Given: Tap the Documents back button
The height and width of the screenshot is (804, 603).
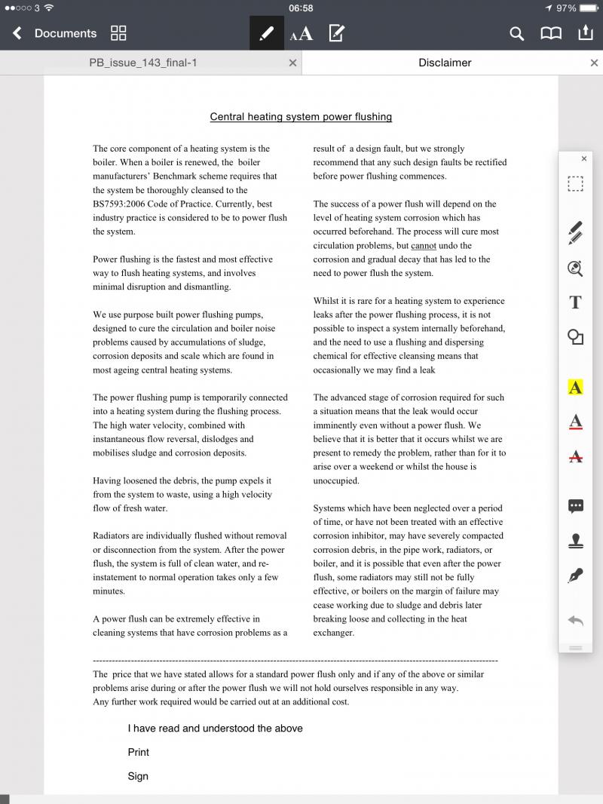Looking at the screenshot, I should click(54, 33).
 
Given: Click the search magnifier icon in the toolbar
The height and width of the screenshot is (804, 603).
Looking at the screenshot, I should click(516, 33).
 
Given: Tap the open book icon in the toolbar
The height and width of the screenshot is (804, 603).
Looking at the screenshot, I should click(551, 33).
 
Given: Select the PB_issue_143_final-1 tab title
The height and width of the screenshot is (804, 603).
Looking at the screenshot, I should click(143, 63).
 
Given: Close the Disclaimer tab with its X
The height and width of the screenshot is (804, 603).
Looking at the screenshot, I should click(594, 63).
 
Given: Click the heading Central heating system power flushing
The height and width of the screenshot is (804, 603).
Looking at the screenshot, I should click(301, 117).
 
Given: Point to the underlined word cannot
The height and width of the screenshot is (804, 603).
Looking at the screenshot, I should click(424, 246).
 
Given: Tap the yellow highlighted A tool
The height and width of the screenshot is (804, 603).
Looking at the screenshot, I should click(575, 388).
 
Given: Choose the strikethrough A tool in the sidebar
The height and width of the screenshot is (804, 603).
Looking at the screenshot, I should click(575, 456).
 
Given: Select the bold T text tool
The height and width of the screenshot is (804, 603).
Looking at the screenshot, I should click(575, 302).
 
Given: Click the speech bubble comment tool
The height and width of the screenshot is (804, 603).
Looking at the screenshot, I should click(575, 506).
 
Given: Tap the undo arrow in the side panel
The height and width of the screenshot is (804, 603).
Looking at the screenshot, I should click(575, 620).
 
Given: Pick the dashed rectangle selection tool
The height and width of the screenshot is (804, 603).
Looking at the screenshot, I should click(575, 184).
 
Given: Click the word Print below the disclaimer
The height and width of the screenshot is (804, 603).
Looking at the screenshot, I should click(139, 752).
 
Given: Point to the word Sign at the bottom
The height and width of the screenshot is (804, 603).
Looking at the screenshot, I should click(138, 776).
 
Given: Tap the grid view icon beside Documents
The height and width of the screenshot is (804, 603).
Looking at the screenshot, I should click(118, 33).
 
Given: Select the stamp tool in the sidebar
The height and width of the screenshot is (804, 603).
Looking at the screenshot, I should click(575, 541).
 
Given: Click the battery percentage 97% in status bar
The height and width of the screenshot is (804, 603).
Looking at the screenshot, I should click(566, 8).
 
